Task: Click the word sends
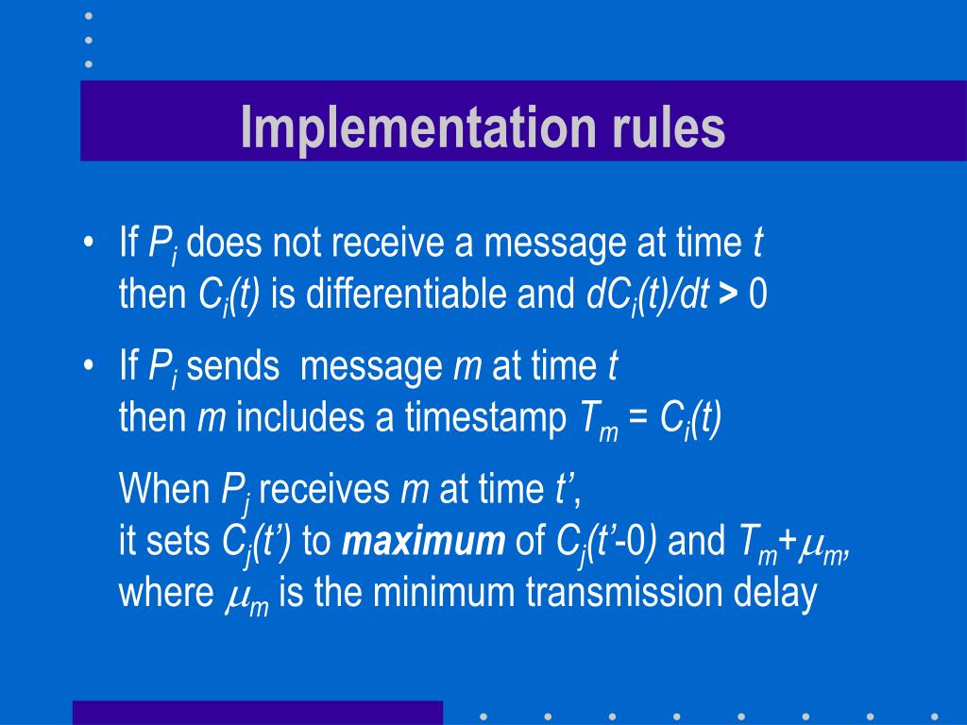[236, 366]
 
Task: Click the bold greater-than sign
[727, 295]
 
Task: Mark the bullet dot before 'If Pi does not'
[88, 244]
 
